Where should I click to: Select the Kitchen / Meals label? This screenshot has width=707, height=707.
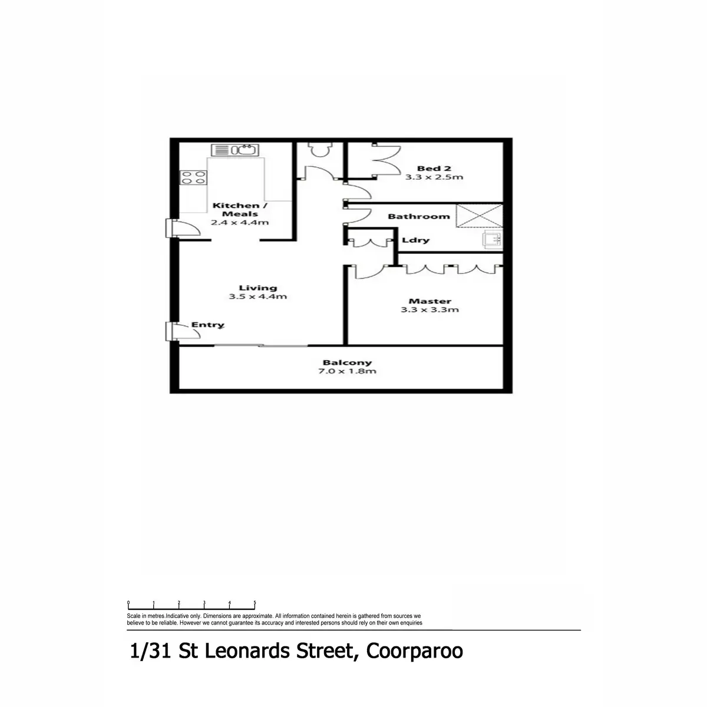(240, 209)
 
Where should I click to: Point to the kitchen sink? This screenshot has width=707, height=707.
(234, 150)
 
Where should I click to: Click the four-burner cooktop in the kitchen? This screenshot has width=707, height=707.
(193, 177)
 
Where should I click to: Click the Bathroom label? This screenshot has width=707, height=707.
(418, 216)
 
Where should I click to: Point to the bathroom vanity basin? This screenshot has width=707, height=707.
(492, 239)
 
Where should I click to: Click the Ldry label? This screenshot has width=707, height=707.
(415, 240)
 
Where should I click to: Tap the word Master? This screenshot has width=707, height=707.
(430, 301)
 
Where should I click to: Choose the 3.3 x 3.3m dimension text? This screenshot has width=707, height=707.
(430, 310)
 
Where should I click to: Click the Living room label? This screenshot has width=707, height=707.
(258, 288)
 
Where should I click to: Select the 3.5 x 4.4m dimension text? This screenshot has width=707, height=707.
(258, 297)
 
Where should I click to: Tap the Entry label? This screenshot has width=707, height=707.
(207, 325)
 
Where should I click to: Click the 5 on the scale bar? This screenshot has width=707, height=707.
(255, 603)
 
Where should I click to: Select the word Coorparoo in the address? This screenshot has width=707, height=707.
(414, 652)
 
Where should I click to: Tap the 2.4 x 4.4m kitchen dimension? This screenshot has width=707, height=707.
(240, 223)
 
